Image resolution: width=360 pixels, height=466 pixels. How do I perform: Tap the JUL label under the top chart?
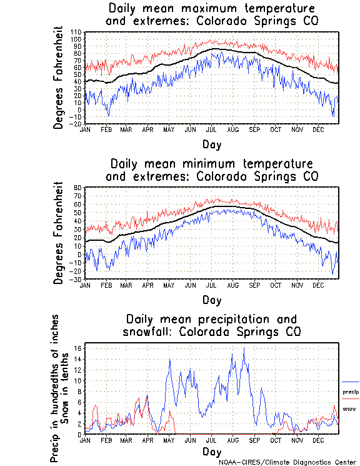pyautogui.click(x=211, y=130)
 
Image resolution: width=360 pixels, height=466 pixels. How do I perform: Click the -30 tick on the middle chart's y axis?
pyautogui.click(x=77, y=279)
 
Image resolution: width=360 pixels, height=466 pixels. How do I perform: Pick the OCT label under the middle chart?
pyautogui.click(x=275, y=285)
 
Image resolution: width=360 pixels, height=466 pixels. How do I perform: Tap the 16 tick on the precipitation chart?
pyautogui.click(x=79, y=348)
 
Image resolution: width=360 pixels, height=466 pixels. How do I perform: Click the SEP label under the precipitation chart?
pyautogui.click(x=254, y=440)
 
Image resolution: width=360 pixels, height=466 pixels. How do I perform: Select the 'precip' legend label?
pyautogui.click(x=351, y=392)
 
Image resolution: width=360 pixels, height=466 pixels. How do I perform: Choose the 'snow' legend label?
pyautogui.click(x=349, y=409)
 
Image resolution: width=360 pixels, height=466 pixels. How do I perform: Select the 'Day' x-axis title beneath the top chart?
pyautogui.click(x=211, y=144)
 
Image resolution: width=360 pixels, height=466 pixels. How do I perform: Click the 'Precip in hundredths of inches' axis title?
pyautogui.click(x=56, y=388)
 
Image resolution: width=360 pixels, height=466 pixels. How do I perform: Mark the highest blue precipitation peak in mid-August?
pyautogui.click(x=244, y=348)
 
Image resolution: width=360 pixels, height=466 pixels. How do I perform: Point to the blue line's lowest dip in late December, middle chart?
pyautogui.click(x=333, y=274)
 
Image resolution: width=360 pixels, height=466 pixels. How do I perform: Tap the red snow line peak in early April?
pyautogui.click(x=147, y=395)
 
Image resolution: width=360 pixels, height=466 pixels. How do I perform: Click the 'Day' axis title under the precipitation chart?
pyautogui.click(x=211, y=452)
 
